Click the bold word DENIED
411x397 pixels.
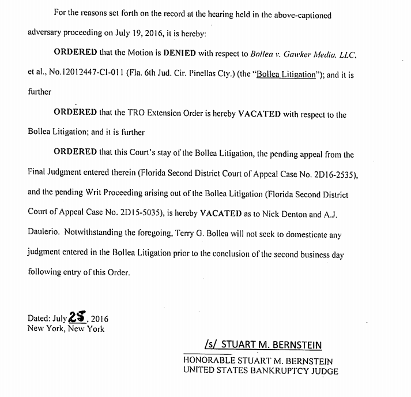click(184, 52)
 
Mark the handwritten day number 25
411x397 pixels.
click(76, 317)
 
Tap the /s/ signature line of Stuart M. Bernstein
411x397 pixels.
click(263, 345)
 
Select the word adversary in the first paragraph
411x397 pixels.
click(46, 32)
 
